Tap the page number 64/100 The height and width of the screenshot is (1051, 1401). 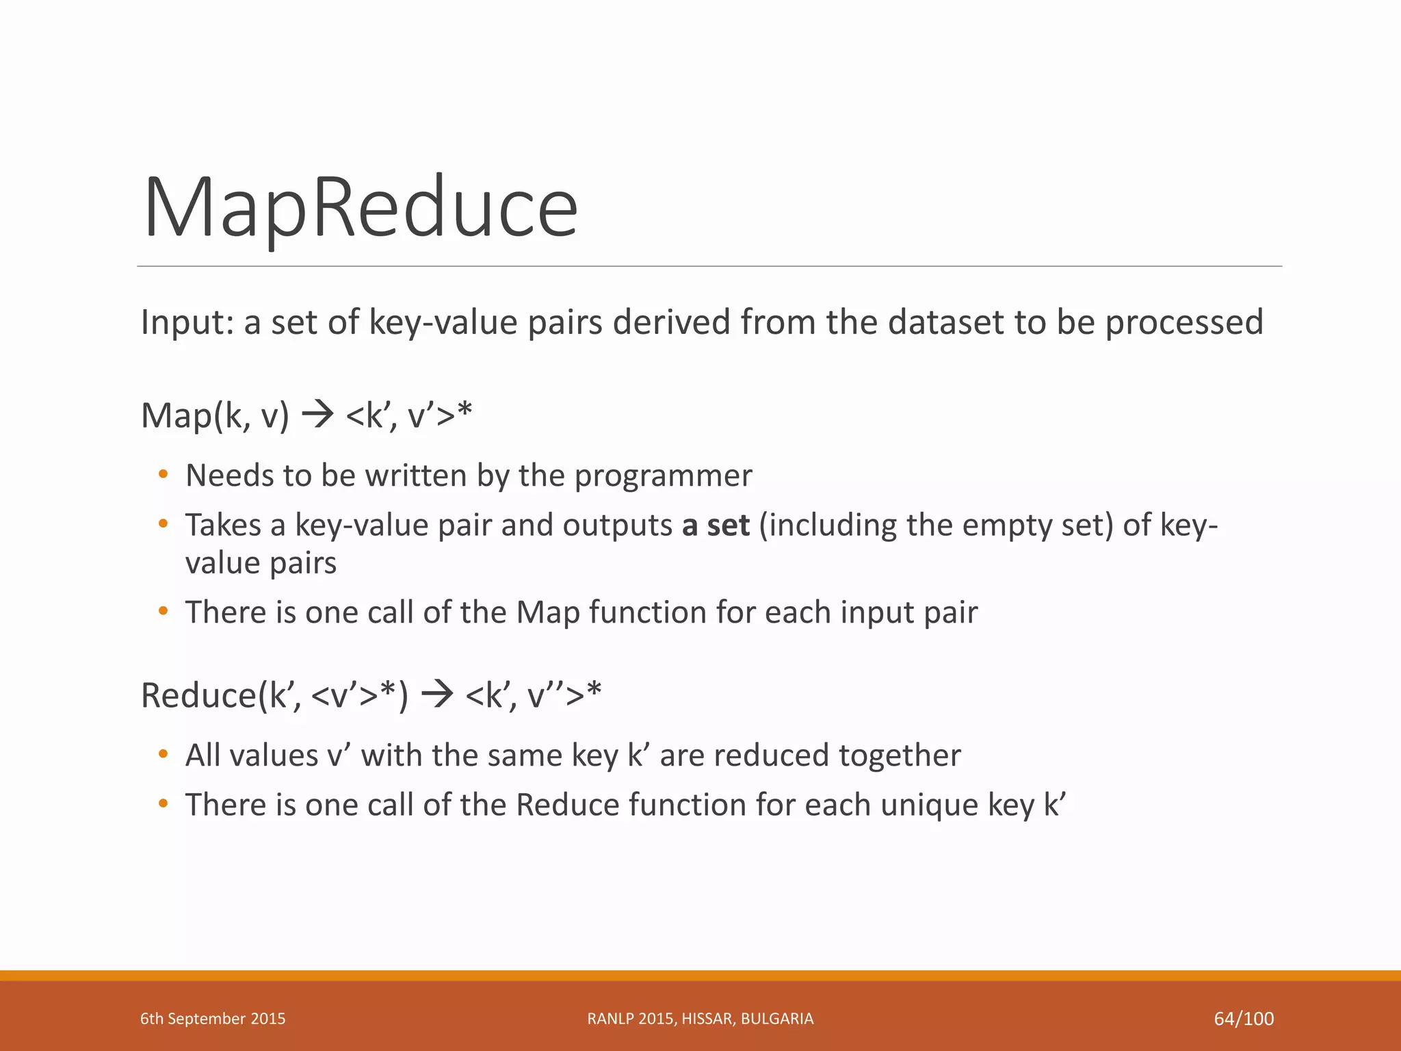click(x=1243, y=1019)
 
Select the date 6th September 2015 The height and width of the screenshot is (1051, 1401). click(x=213, y=1019)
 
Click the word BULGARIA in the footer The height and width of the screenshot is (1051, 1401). click(x=777, y=1019)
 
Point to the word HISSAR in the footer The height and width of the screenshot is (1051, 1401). click(x=708, y=1019)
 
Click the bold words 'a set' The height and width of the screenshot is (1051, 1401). click(x=716, y=525)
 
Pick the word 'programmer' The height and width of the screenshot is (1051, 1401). click(x=663, y=476)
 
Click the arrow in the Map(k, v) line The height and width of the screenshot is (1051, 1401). click(x=317, y=414)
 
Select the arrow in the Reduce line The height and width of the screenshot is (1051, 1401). click(x=437, y=695)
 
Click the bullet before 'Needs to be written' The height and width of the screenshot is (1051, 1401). click(x=163, y=474)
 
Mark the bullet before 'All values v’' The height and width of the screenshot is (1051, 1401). click(x=163, y=754)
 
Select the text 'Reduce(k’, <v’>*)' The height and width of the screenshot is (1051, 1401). click(x=274, y=695)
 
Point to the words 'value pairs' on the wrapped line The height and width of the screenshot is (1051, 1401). click(x=261, y=563)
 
